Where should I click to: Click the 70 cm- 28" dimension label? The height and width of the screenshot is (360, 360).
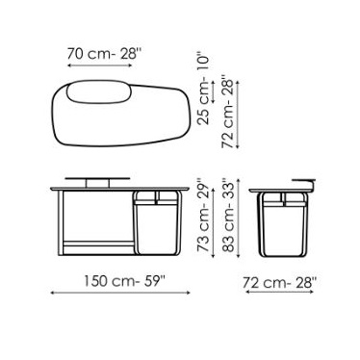pos(104,54)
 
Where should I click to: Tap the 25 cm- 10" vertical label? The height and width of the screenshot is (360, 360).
pos(202,88)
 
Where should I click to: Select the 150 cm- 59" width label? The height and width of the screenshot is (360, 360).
pos(124,281)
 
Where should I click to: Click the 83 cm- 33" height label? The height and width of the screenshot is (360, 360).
pos(229,216)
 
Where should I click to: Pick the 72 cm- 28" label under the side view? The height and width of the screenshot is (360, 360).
pos(279,283)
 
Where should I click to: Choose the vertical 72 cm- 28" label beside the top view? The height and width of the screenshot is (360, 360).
pos(228,112)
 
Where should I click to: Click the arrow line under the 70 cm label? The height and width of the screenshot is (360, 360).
pos(100,65)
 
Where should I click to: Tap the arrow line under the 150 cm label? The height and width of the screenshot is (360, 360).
pos(120,293)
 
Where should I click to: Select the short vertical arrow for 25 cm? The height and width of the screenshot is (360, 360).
pos(213,91)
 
